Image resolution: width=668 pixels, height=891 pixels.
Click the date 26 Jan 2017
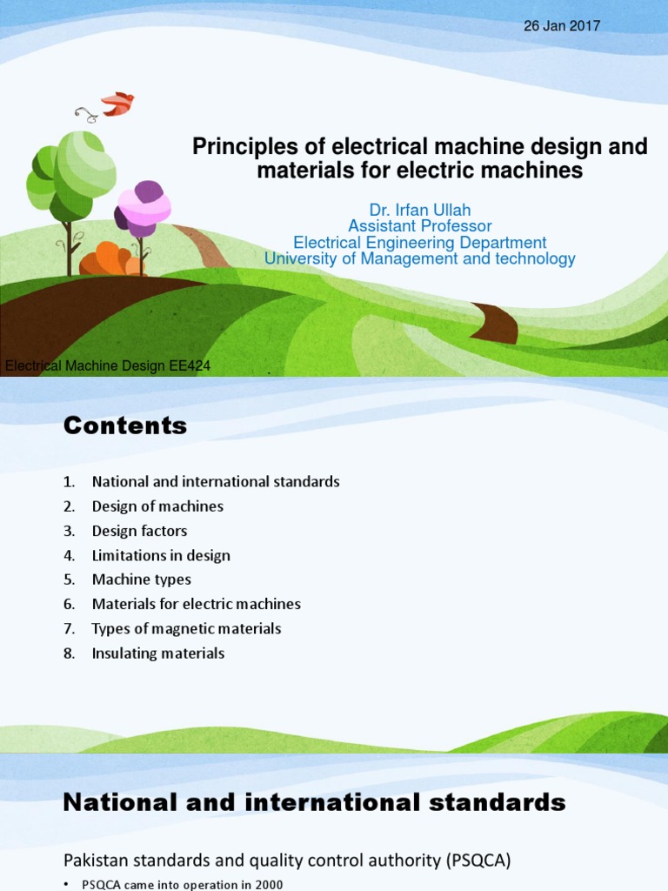click(561, 26)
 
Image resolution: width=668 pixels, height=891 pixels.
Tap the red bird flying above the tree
click(117, 104)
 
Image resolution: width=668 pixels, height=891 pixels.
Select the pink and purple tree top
click(144, 207)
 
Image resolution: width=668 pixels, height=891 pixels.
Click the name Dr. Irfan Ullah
click(419, 211)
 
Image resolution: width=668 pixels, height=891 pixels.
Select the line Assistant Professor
click(419, 226)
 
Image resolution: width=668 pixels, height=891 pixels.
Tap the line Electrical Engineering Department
click(419, 243)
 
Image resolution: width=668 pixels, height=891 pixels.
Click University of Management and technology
click(419, 258)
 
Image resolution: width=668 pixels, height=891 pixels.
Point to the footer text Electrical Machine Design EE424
click(108, 366)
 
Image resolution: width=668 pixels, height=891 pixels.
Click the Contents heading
click(124, 425)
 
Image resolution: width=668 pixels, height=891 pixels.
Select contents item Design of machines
click(157, 506)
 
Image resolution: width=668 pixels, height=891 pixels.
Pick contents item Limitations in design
click(161, 555)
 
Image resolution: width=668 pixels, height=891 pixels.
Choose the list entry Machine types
click(141, 579)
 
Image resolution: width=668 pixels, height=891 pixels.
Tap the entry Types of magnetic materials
click(186, 628)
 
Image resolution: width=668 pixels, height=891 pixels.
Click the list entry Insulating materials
click(157, 653)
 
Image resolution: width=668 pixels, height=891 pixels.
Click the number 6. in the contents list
click(70, 604)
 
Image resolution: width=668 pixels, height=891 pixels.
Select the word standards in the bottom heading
click(486, 802)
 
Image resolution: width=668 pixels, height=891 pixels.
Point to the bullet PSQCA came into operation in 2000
click(183, 884)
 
